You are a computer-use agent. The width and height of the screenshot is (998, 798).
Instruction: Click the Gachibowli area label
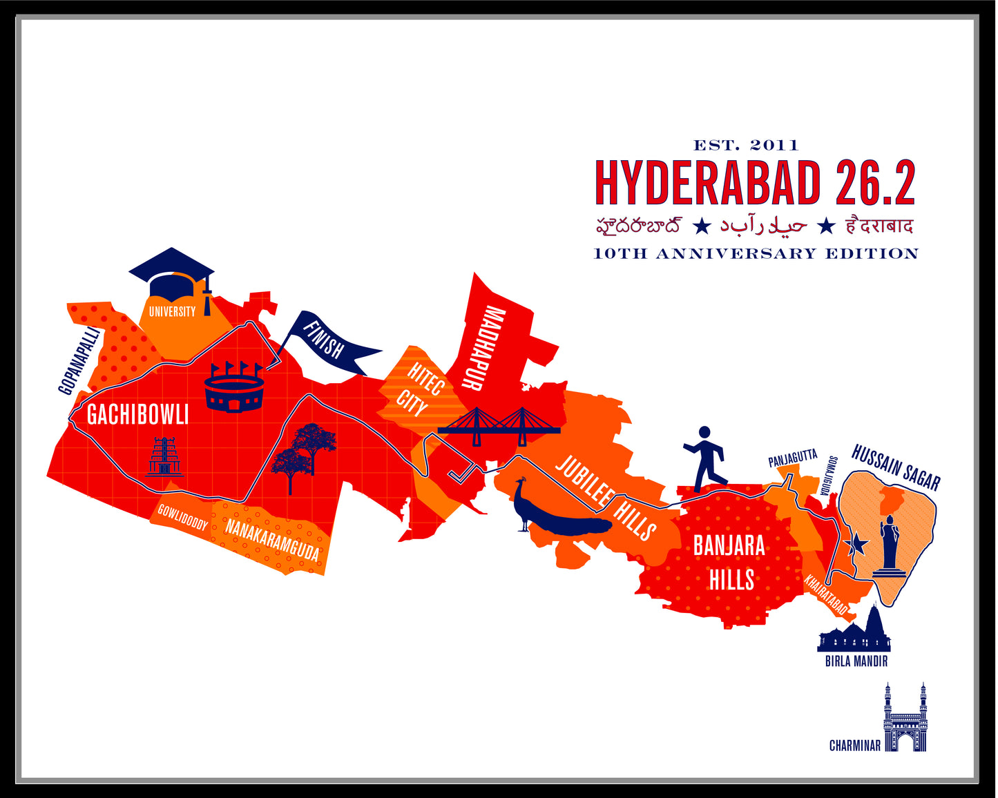pos(137,415)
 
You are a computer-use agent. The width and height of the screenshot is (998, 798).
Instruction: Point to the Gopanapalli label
pos(79,361)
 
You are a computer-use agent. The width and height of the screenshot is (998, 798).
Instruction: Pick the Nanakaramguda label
pos(272,539)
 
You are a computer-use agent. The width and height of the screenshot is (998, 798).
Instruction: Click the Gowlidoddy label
pos(182,517)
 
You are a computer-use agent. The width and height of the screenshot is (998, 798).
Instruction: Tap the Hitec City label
pos(419,390)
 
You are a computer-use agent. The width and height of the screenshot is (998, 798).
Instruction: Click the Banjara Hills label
pos(729,563)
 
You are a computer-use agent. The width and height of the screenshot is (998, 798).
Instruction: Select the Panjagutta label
pos(792,458)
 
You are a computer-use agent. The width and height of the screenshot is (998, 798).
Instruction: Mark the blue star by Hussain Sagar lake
pos(858,545)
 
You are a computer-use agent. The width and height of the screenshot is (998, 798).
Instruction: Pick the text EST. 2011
pos(745,145)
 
